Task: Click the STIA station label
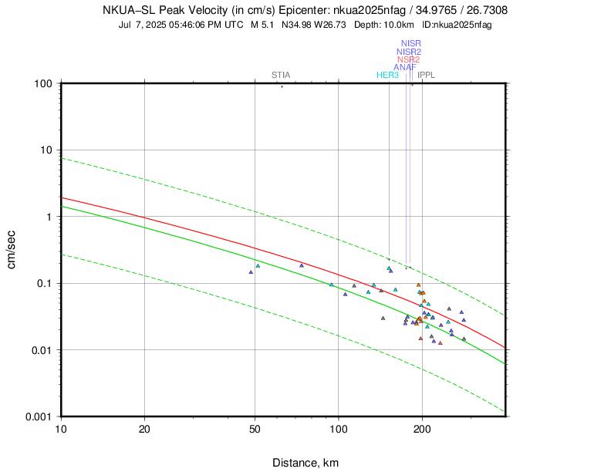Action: click(x=281, y=75)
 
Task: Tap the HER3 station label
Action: click(x=387, y=75)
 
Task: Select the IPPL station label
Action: click(x=427, y=75)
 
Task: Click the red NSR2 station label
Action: click(x=409, y=59)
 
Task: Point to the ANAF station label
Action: click(x=405, y=67)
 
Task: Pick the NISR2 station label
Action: click(x=409, y=52)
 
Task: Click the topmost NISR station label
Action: click(x=411, y=43)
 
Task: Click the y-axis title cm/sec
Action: click(x=12, y=250)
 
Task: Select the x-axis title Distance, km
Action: click(x=305, y=463)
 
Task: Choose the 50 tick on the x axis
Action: click(x=255, y=427)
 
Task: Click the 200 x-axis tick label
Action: click(x=421, y=427)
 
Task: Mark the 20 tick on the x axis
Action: click(x=144, y=427)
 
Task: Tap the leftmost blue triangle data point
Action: click(x=251, y=272)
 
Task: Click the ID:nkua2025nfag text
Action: click(x=455, y=25)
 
